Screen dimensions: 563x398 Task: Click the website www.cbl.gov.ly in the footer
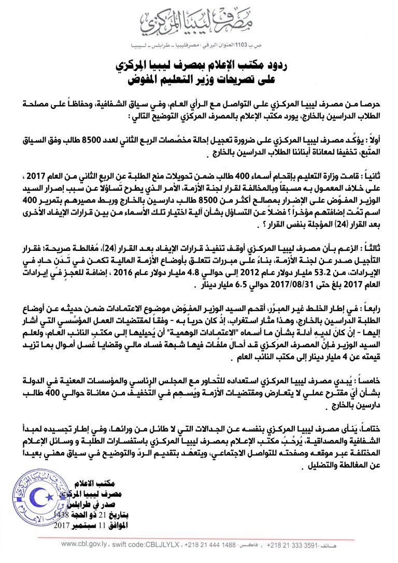coord(84,545)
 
